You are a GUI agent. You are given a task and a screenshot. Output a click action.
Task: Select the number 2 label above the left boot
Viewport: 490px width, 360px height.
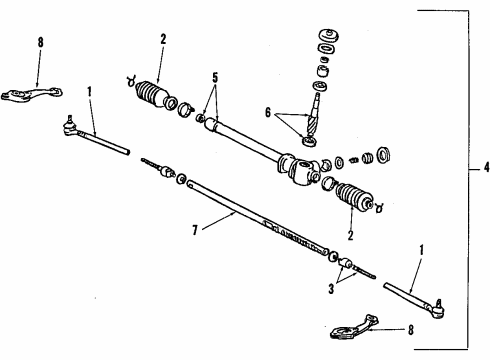pos(161,39)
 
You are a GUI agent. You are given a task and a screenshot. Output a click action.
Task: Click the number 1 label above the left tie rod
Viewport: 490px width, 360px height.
pos(90,90)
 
